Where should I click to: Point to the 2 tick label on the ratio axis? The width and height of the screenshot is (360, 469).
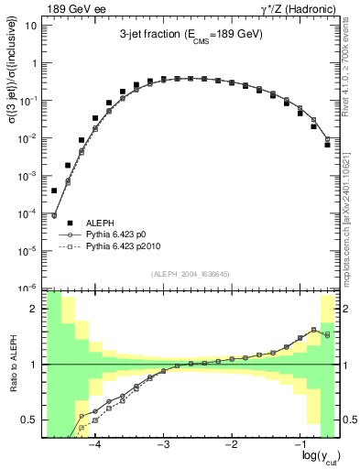click(x=37, y=309)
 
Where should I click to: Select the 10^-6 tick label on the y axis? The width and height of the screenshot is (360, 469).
click(x=30, y=288)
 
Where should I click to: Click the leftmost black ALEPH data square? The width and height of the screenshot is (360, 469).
click(x=54, y=191)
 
